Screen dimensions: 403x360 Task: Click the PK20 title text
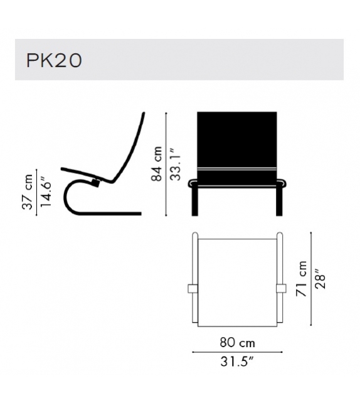click(x=54, y=60)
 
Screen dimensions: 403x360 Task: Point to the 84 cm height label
click(x=157, y=164)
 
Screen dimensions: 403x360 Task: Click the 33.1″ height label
click(x=176, y=164)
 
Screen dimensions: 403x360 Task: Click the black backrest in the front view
click(x=237, y=141)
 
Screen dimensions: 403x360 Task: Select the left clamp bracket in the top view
click(x=193, y=288)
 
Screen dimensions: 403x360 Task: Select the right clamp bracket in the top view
click(x=282, y=288)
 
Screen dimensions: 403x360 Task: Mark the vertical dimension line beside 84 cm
click(x=167, y=164)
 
